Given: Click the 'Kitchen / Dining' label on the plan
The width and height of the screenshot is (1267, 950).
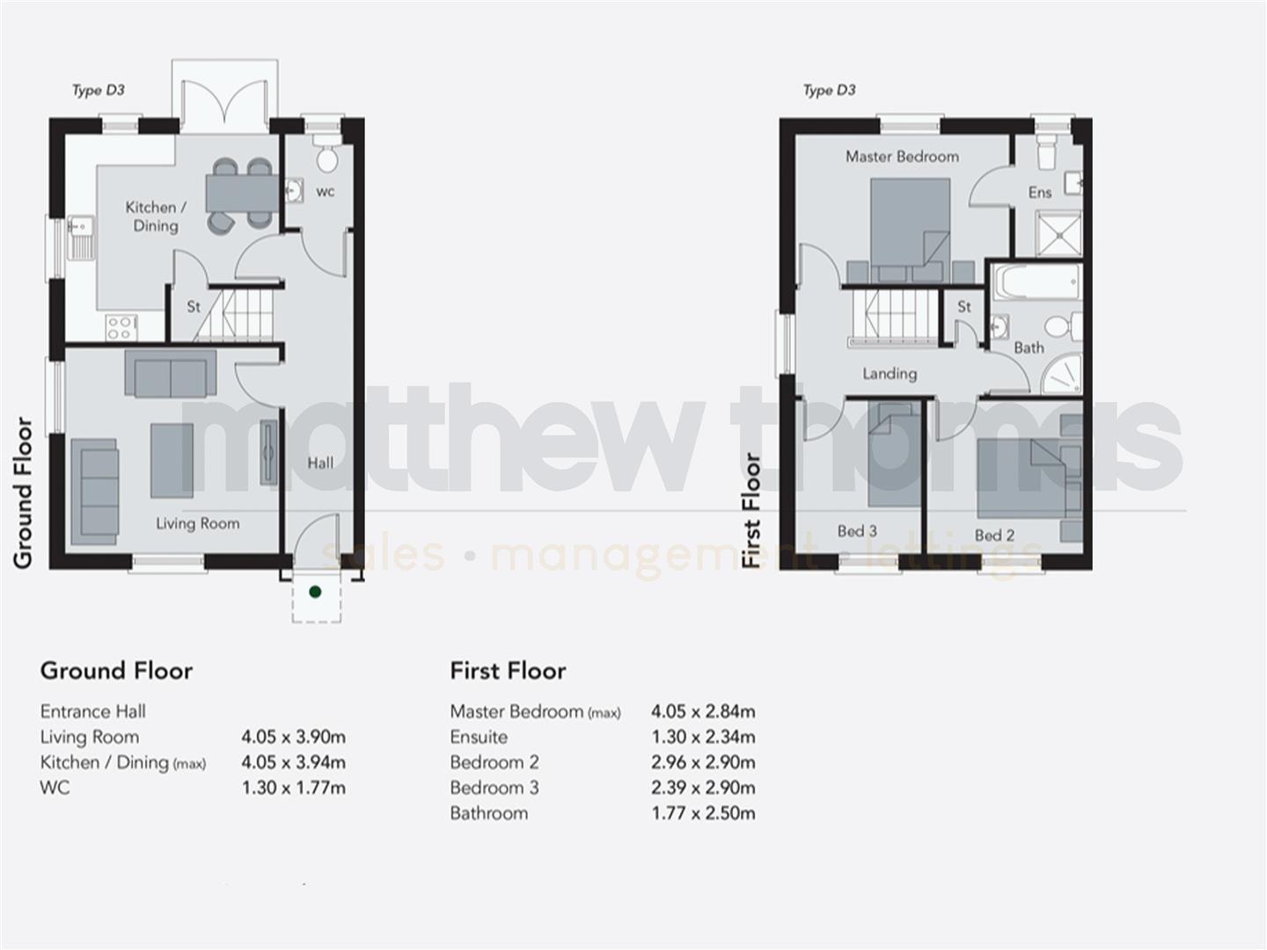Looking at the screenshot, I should coord(156,216).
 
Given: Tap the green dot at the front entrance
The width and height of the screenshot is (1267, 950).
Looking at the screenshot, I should coord(315,592).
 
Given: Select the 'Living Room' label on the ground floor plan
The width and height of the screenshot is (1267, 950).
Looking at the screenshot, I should coord(197,523).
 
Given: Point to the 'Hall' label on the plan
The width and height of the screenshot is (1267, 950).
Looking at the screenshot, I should coord(320,463).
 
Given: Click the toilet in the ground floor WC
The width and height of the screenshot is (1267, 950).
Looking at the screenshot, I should coord(327,158).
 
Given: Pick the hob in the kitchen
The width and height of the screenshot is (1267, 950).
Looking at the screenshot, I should coord(120,327).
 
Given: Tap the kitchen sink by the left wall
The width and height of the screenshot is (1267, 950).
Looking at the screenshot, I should coord(81,237).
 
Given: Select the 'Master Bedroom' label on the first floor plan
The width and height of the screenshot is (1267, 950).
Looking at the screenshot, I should coord(902,157).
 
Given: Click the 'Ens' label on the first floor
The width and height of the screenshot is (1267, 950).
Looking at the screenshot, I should coord(1040,193).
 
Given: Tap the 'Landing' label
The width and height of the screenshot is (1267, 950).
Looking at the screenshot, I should coord(890,374).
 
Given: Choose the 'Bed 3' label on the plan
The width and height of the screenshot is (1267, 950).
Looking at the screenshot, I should coord(857,531).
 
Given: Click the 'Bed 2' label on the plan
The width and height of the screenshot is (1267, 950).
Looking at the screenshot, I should coord(994,535).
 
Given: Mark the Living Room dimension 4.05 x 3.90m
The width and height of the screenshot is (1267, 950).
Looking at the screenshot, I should coord(293,737).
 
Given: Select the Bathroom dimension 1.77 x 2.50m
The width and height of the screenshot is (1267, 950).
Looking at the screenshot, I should coord(703,814).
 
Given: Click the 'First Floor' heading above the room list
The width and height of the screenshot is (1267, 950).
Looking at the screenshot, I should coord(508,671).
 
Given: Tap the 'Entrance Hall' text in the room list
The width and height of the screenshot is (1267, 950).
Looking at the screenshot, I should coord(93,712).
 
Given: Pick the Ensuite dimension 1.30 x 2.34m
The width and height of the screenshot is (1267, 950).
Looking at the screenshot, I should coord(703,737).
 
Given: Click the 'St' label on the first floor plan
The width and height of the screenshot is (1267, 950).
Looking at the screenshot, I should coord(964,307).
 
